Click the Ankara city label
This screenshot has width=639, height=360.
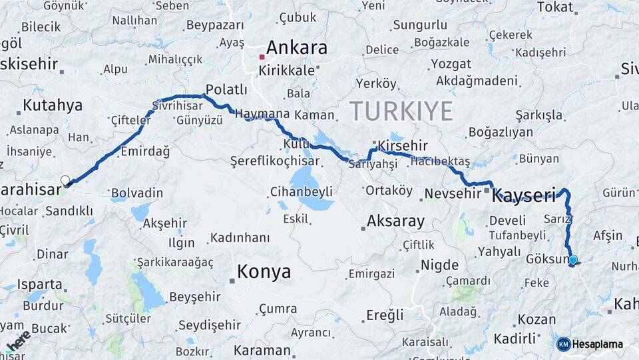(x=297, y=48)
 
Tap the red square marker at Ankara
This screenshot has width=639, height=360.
(x=262, y=57)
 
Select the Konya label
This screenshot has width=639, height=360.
(x=264, y=272)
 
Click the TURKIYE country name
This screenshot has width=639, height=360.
(x=401, y=111)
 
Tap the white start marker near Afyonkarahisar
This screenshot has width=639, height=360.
(x=65, y=180)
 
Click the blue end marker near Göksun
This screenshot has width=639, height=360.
(x=573, y=260)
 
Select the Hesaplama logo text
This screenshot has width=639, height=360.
(x=597, y=344)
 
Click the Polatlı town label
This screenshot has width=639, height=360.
(x=226, y=89)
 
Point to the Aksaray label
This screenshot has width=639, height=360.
(x=395, y=221)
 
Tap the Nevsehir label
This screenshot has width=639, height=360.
(x=452, y=193)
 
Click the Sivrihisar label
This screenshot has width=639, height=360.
(x=177, y=106)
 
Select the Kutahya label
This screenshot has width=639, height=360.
(x=53, y=105)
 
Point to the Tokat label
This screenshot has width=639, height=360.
(x=554, y=7)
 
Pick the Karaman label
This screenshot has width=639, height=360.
(x=262, y=350)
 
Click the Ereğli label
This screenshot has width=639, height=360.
(x=385, y=315)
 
